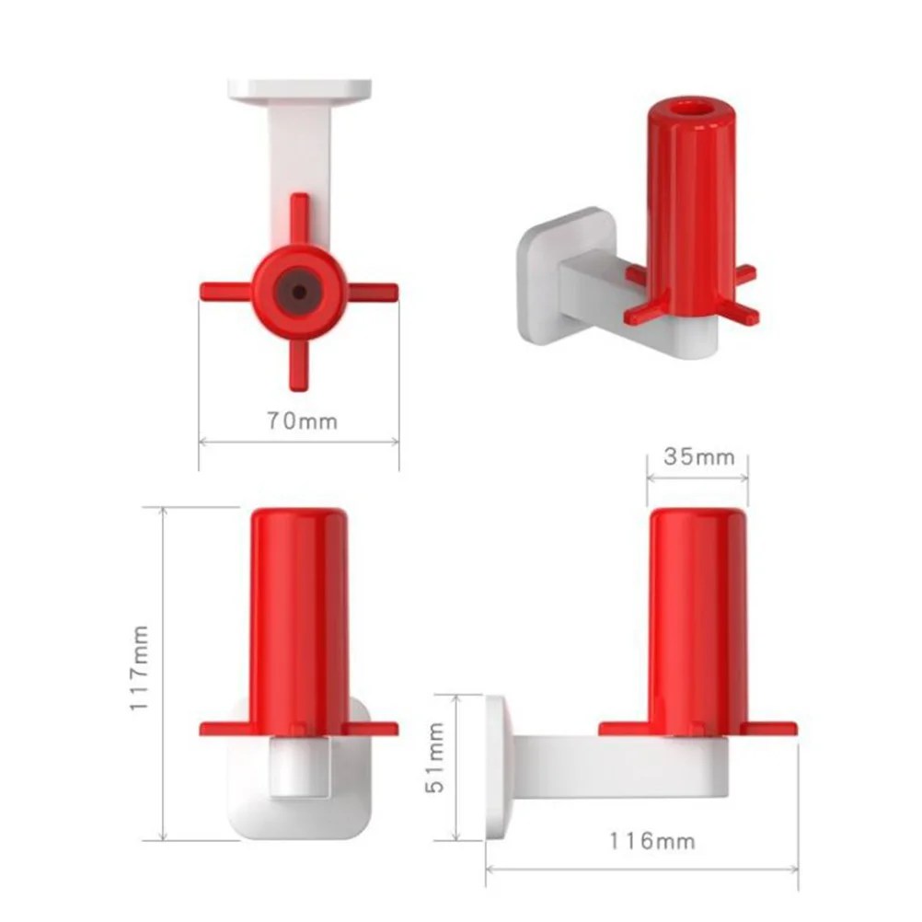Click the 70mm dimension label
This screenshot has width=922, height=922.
(302, 421)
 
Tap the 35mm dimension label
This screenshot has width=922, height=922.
(699, 457)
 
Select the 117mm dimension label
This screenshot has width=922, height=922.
(139, 668)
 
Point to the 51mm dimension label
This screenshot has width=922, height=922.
(435, 757)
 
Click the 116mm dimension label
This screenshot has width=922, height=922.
(651, 841)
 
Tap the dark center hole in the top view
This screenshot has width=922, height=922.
(299, 292)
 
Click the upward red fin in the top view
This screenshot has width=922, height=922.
(300, 220)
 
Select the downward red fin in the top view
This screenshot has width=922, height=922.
(299, 364)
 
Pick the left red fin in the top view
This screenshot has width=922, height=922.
(227, 291)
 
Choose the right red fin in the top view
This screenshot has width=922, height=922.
(372, 291)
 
